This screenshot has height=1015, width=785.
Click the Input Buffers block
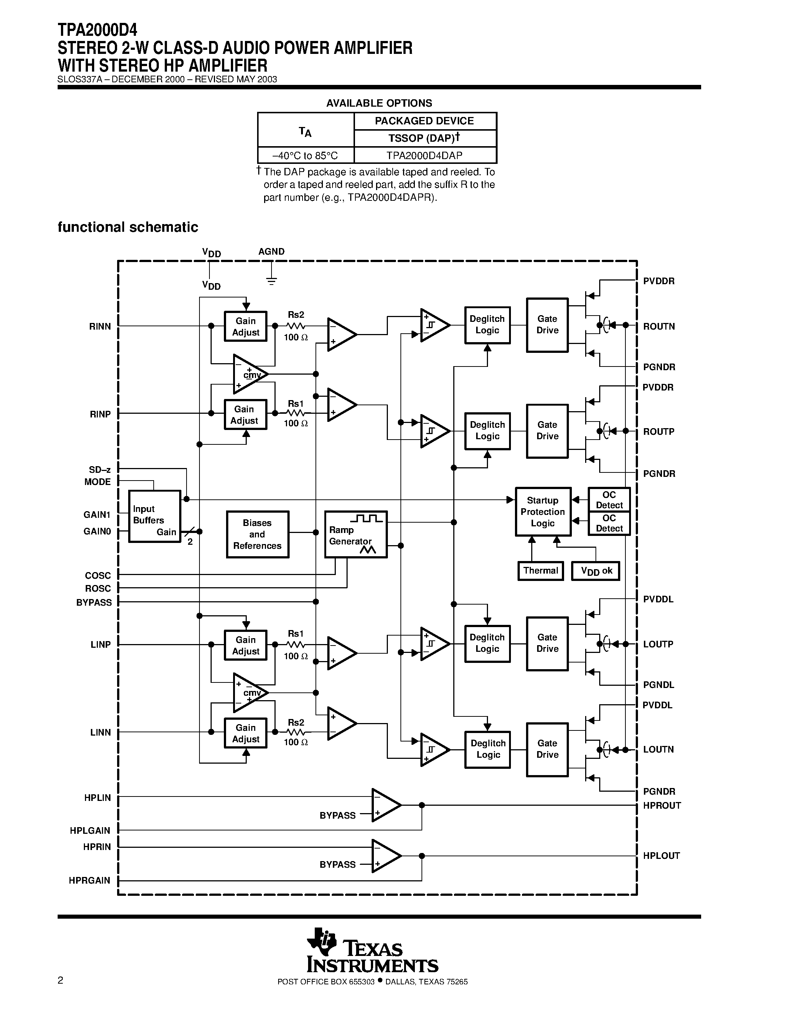point(154,516)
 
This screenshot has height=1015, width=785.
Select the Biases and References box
point(257,534)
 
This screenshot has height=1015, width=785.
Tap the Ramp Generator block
point(355,534)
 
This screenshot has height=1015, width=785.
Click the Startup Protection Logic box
point(543,512)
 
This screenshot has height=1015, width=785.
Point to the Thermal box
point(540,571)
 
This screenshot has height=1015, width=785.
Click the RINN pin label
point(100,327)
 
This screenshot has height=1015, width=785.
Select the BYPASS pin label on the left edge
point(94,602)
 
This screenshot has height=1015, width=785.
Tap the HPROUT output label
point(662,805)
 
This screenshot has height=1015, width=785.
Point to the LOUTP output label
point(658,644)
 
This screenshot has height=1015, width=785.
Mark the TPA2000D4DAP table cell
point(424,156)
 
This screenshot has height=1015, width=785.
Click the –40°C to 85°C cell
point(305,156)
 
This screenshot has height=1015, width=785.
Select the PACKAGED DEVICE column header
point(424,121)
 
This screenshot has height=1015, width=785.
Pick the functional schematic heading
point(128,227)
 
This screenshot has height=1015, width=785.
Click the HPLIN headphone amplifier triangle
point(386,805)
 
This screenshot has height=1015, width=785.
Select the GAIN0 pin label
point(97,531)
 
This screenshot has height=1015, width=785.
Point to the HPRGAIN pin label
point(89,880)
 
